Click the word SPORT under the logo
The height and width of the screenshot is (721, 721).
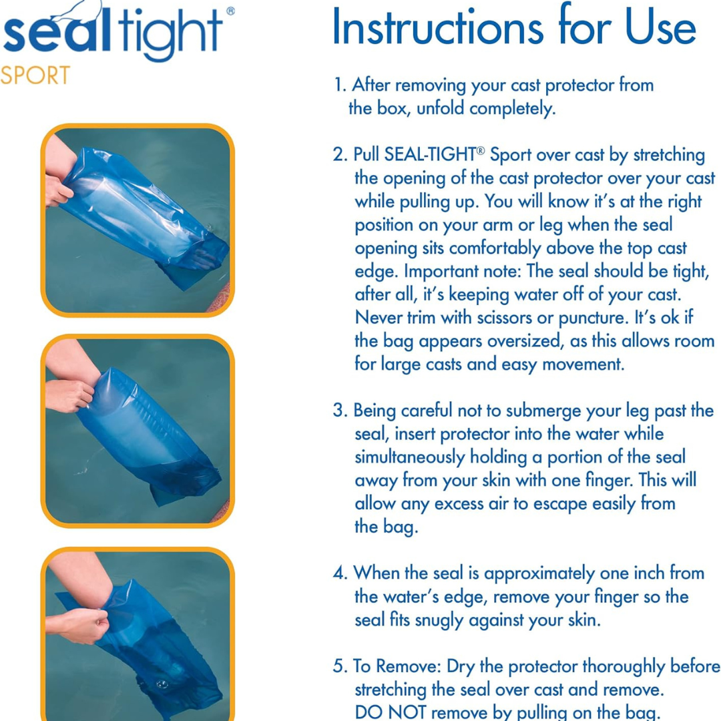tap(35, 75)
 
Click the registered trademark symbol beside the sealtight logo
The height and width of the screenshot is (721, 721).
tap(230, 11)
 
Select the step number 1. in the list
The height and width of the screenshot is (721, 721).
tap(340, 85)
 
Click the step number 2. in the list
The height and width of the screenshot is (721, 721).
tap(341, 156)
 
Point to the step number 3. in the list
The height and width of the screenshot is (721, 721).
tap(341, 411)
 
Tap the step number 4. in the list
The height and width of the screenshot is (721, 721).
tap(341, 573)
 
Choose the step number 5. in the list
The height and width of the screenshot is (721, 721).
tap(341, 667)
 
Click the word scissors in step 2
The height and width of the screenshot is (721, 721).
tap(485, 318)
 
